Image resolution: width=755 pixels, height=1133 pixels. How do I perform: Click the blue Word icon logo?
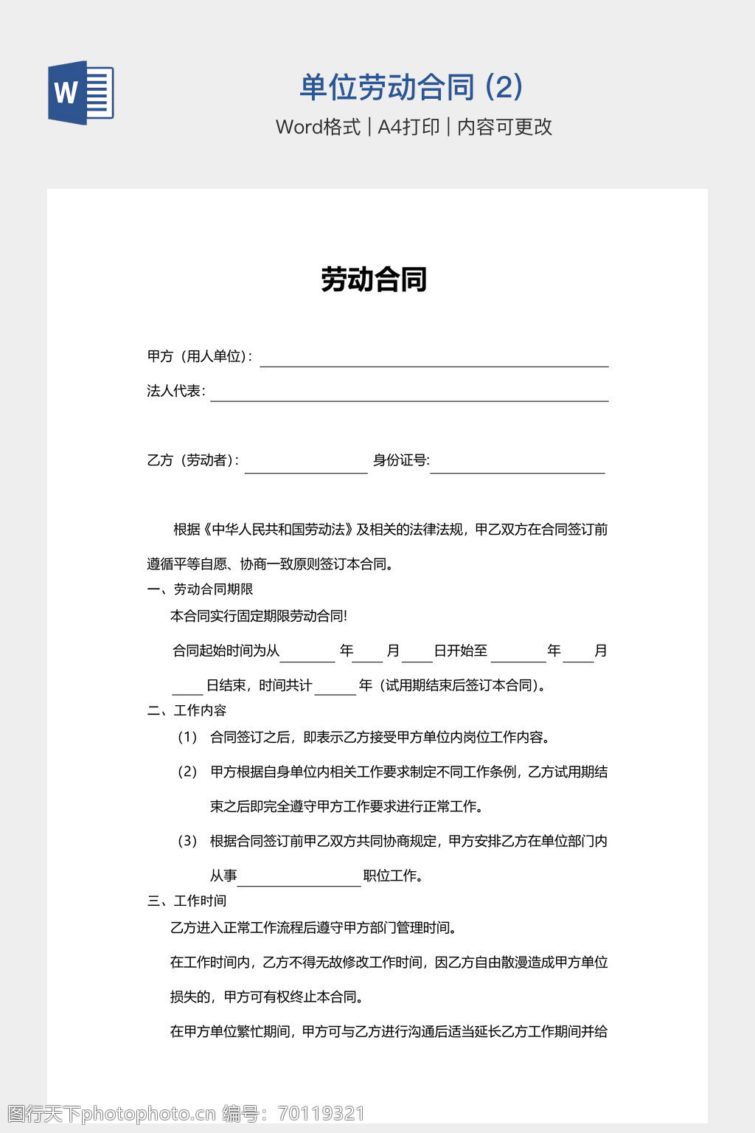pos(81,93)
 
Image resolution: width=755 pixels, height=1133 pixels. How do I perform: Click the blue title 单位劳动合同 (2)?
pos(411,87)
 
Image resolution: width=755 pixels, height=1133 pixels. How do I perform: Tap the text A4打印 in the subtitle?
pos(408,127)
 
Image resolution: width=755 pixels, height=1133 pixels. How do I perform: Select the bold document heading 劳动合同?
pos(374,280)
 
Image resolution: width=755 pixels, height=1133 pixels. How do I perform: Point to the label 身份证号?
pos(400,460)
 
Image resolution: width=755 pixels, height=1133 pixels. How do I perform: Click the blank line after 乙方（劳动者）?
pos(306,466)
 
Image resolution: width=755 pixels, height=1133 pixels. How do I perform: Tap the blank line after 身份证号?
pos(517,466)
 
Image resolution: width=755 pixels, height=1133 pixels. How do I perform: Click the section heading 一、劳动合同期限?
pos(201,589)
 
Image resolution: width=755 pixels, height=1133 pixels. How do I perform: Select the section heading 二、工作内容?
pos(187,710)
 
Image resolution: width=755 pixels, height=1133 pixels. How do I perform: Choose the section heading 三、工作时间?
pos(187,901)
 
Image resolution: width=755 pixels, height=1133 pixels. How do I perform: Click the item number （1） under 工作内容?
pos(187,737)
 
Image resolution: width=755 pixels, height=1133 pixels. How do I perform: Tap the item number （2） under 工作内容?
pos(187,772)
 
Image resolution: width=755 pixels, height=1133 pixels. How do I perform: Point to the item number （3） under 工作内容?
pos(187,841)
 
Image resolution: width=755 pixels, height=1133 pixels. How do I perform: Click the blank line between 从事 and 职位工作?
pos(299,879)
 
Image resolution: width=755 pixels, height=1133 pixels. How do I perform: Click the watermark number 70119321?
pos(321,1113)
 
